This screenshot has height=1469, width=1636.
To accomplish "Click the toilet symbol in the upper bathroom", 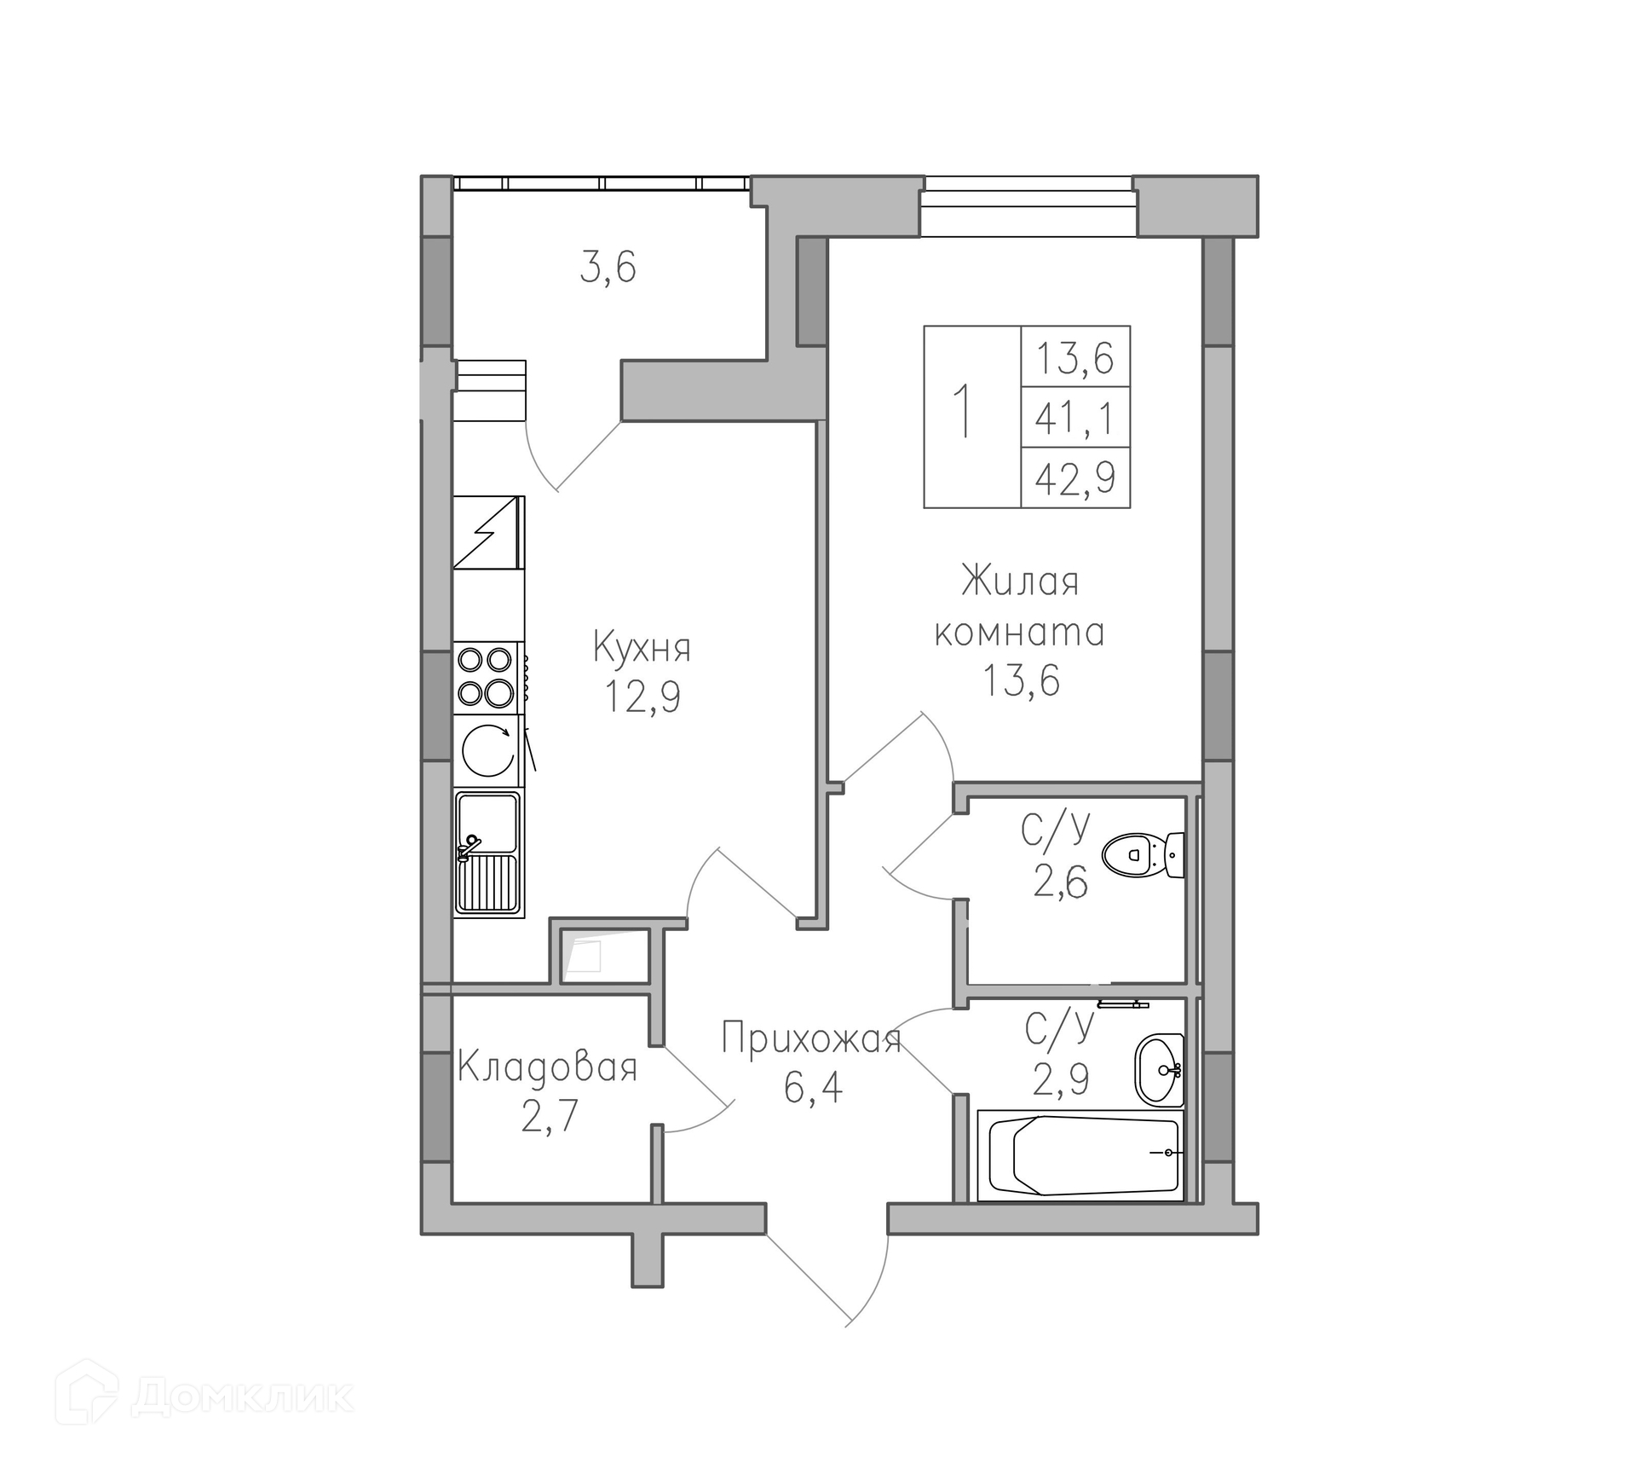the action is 1143,854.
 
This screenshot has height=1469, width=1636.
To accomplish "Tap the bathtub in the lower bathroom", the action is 1080,1155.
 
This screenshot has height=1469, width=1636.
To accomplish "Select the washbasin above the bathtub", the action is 1159,1070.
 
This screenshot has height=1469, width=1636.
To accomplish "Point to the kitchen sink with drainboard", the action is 488,853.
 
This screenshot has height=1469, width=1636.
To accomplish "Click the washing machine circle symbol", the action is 488,750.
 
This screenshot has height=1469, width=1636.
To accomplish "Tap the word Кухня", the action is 642,648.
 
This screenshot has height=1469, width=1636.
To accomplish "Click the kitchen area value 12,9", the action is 642,697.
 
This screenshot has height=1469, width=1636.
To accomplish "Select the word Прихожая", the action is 811,1040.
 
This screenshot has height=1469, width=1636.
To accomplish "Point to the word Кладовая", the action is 547,1067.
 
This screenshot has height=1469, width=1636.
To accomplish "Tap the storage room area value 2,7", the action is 550,1116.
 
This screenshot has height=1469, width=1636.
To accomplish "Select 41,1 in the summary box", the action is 1074,419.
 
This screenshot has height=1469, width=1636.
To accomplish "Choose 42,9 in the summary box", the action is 1075,477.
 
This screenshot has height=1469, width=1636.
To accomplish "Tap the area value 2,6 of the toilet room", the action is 1061,883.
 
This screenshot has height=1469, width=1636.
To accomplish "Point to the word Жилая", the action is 1020,581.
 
